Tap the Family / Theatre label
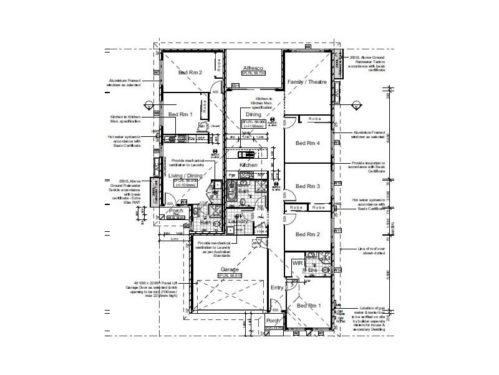pyautogui.click(x=306, y=82)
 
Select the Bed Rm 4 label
pyautogui.click(x=308, y=144)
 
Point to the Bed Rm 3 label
pyautogui.click(x=308, y=186)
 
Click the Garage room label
pyautogui.click(x=229, y=269)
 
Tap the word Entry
pyautogui.click(x=277, y=287)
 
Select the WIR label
pyautogui.click(x=298, y=264)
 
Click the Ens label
pyautogui.click(x=314, y=271)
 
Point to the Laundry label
pyautogui.click(x=239, y=221)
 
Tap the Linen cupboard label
pyautogui.click(x=261, y=232)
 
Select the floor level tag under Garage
pyautogui.click(x=229, y=275)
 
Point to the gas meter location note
pyautogui.click(x=369, y=317)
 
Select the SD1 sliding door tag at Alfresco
pyautogui.click(x=235, y=84)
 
